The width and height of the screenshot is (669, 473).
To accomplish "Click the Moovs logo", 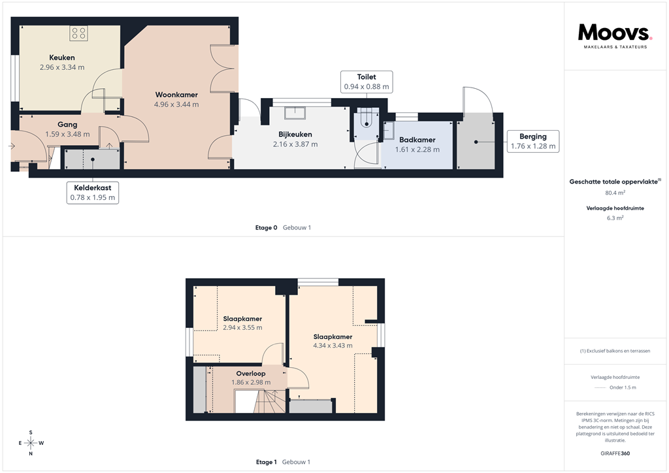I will coord(615,35).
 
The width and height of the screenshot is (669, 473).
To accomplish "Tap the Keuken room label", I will coord(62,57).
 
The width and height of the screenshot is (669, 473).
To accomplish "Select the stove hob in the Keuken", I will coord(78,33).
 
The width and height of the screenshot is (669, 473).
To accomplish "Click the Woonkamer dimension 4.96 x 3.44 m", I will coord(176,105).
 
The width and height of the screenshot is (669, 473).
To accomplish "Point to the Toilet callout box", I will coord(367,82).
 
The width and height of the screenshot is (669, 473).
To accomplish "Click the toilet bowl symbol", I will coord(367,120).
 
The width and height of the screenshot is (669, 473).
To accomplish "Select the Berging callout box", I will coord(533,141).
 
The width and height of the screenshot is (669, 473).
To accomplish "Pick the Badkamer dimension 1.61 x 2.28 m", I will coord(417,150).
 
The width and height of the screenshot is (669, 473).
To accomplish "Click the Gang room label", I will coord(67,125).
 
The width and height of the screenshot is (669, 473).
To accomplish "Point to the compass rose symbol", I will coord(30,443).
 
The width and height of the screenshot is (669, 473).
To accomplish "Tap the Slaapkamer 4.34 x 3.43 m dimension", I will coord(333,346).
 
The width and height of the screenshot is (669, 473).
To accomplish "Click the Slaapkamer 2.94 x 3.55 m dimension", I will coord(242,328).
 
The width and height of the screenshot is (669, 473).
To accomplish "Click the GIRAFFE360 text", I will coord(616,453).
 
